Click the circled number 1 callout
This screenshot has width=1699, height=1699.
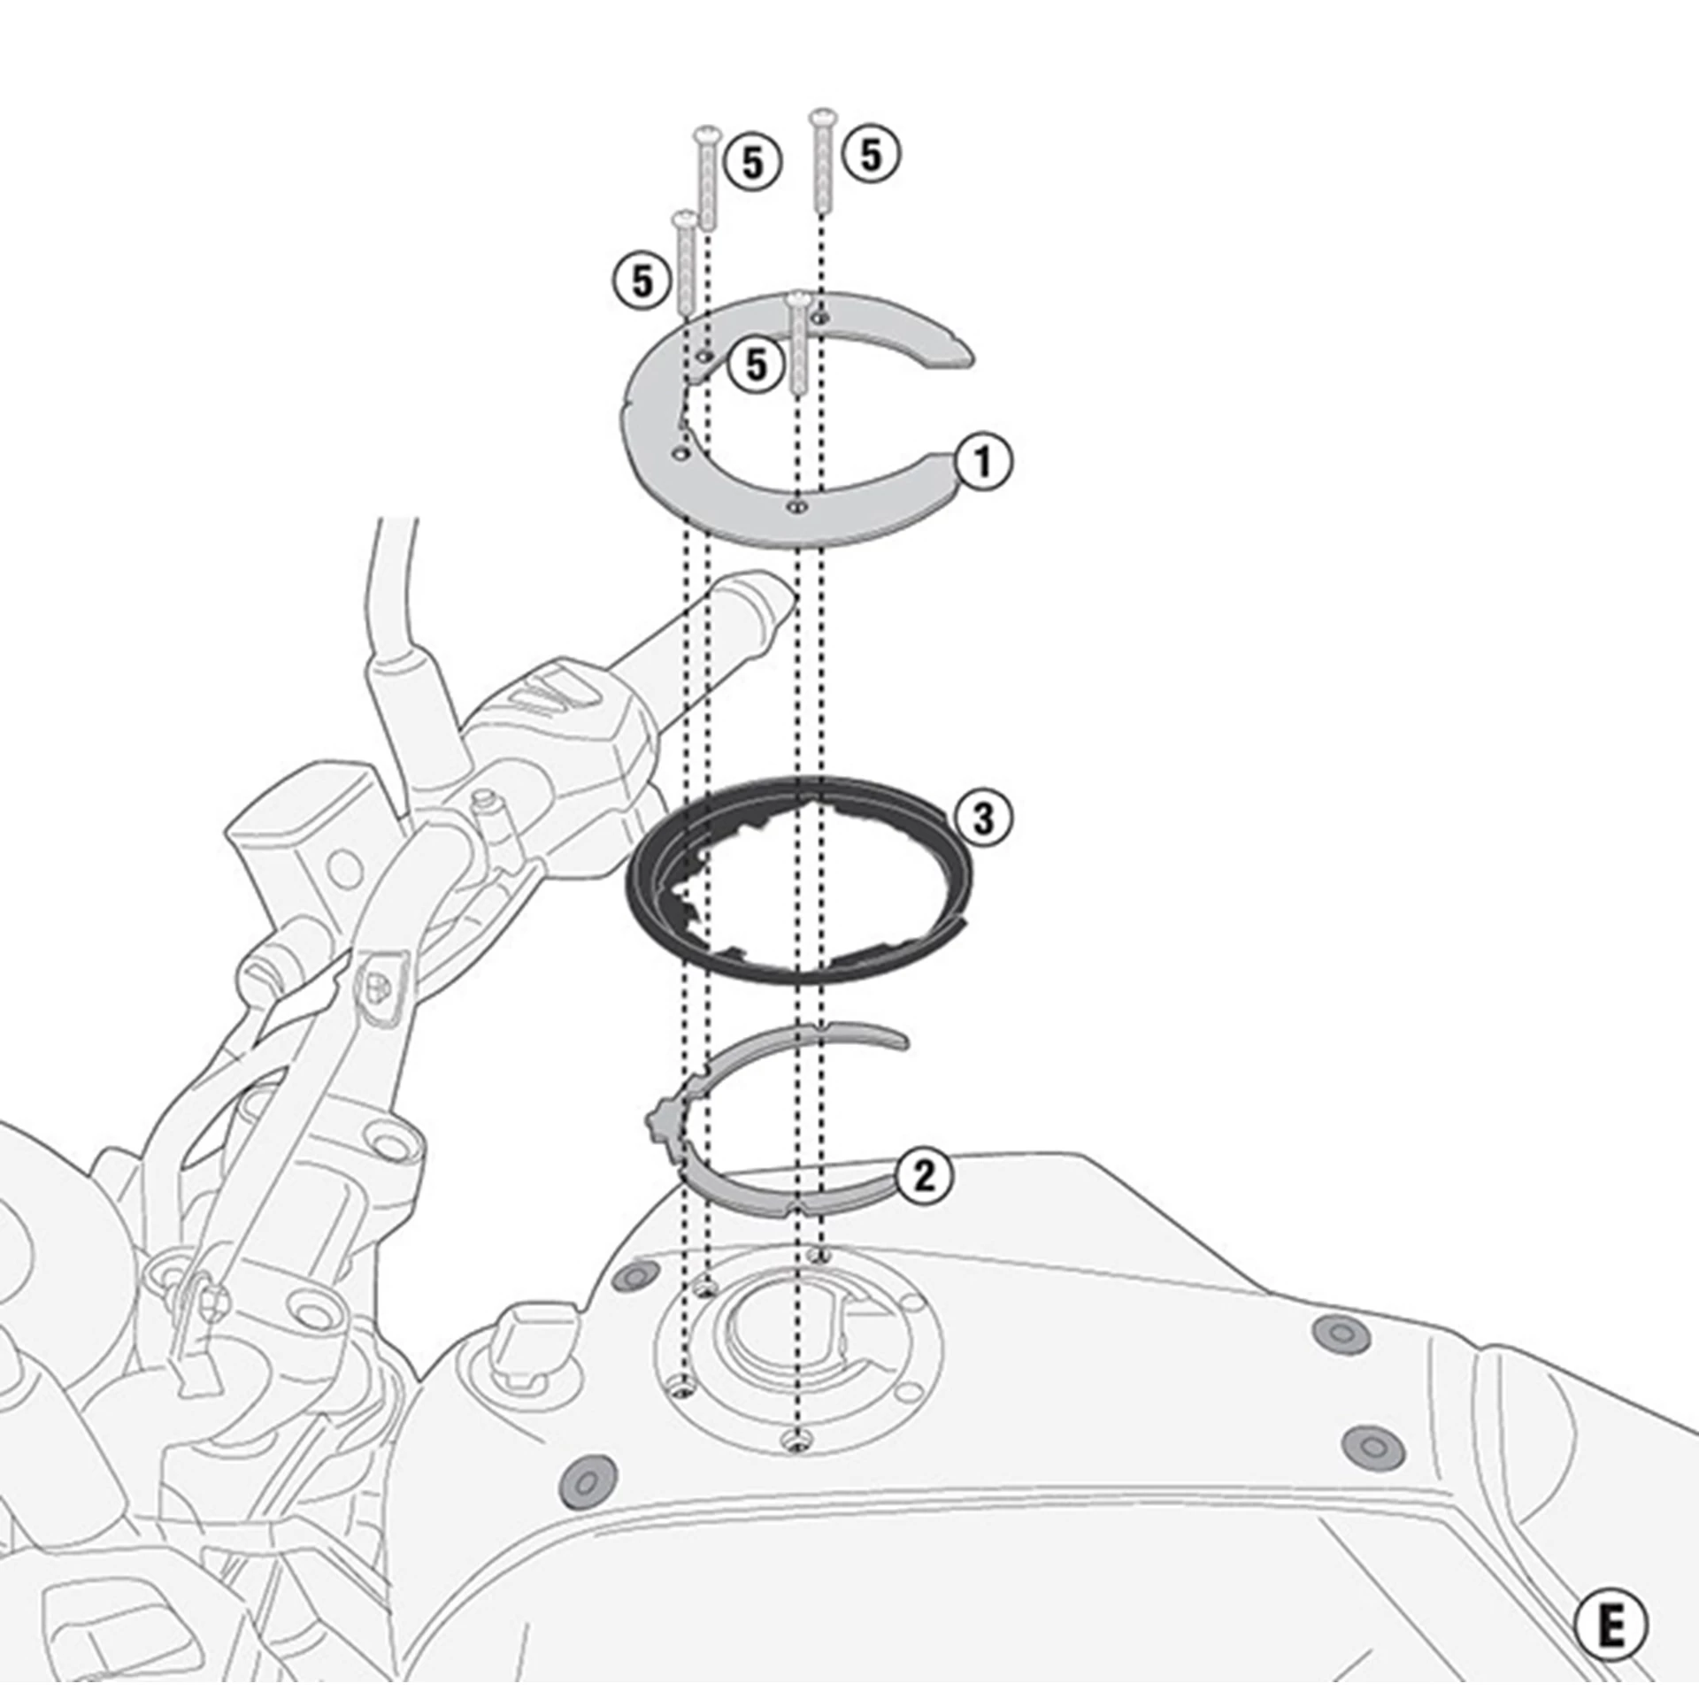click(x=982, y=461)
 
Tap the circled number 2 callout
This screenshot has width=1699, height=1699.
click(x=924, y=1177)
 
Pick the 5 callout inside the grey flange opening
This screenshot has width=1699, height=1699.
click(x=756, y=364)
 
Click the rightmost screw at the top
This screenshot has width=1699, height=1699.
click(x=822, y=160)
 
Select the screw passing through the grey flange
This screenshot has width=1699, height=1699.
click(x=798, y=345)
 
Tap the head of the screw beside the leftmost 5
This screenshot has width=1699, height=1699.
click(x=682, y=218)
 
